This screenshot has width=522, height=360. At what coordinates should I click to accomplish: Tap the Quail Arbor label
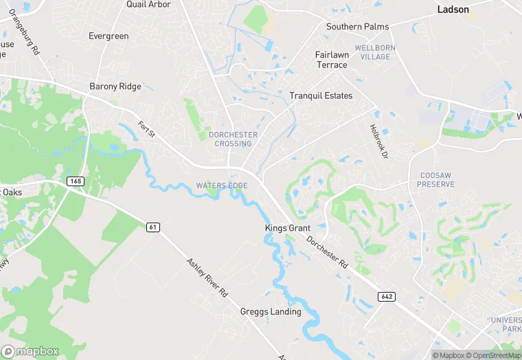(x=148, y=4)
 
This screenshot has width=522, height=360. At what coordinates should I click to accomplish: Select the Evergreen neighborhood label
(x=109, y=36)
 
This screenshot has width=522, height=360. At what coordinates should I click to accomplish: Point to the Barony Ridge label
(x=115, y=87)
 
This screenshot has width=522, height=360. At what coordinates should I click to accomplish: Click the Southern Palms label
(x=357, y=27)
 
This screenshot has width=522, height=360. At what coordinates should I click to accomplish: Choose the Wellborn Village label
(x=372, y=52)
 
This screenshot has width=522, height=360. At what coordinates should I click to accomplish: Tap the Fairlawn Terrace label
(x=332, y=60)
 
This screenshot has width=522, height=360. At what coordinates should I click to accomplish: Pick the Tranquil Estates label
(x=321, y=95)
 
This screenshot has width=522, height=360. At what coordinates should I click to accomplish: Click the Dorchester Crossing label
(x=233, y=139)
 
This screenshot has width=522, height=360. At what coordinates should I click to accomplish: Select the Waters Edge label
(x=222, y=186)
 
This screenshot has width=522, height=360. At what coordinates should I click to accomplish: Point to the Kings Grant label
(x=288, y=228)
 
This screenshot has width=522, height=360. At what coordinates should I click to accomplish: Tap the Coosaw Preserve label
(x=437, y=180)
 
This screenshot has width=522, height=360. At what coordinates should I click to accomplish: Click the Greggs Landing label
(x=271, y=312)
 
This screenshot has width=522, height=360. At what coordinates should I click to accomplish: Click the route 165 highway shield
(x=76, y=181)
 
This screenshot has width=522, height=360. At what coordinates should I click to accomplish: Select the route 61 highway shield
(x=153, y=227)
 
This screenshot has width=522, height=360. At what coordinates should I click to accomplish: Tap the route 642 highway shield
(x=386, y=296)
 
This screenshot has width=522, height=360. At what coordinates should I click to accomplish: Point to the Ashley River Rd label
(x=207, y=278)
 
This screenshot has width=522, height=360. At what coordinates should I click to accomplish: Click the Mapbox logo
(x=30, y=351)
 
